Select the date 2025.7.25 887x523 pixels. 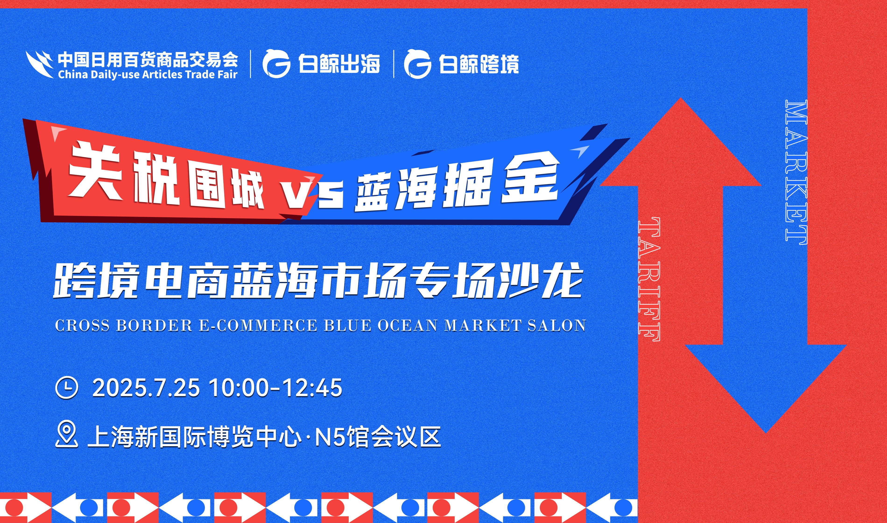(x=146, y=388)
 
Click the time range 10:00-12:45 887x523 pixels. (x=276, y=388)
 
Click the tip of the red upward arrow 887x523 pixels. (x=680, y=98)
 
